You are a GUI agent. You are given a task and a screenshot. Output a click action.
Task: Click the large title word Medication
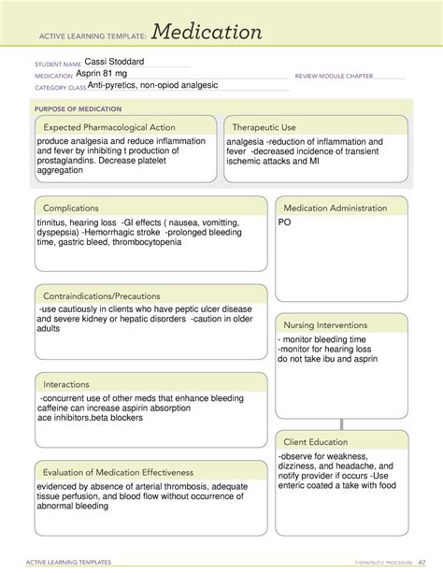[208, 33]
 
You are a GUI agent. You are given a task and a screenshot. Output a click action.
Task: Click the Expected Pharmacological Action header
[110, 127]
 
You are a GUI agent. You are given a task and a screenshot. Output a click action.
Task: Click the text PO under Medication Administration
[285, 223]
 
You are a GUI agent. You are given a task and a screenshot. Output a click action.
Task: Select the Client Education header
[316, 441]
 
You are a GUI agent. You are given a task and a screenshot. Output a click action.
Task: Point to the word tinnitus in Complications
[52, 222]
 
